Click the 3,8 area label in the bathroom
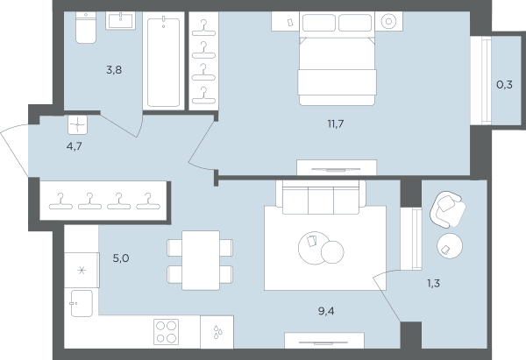114,70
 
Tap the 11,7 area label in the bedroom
336,124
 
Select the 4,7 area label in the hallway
75,146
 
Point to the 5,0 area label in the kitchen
121,258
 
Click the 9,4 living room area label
326,312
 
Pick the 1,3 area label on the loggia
433,284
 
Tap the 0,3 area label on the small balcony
505,85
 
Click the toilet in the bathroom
86,27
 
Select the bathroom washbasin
121,20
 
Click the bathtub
163,61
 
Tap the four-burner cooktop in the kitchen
166,332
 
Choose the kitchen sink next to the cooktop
217,332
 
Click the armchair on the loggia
447,209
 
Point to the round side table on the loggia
450,246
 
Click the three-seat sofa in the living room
321,197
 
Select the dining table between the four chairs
201,260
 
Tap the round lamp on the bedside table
388,21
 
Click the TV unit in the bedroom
337,167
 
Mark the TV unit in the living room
324,341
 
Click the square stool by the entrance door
77,125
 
